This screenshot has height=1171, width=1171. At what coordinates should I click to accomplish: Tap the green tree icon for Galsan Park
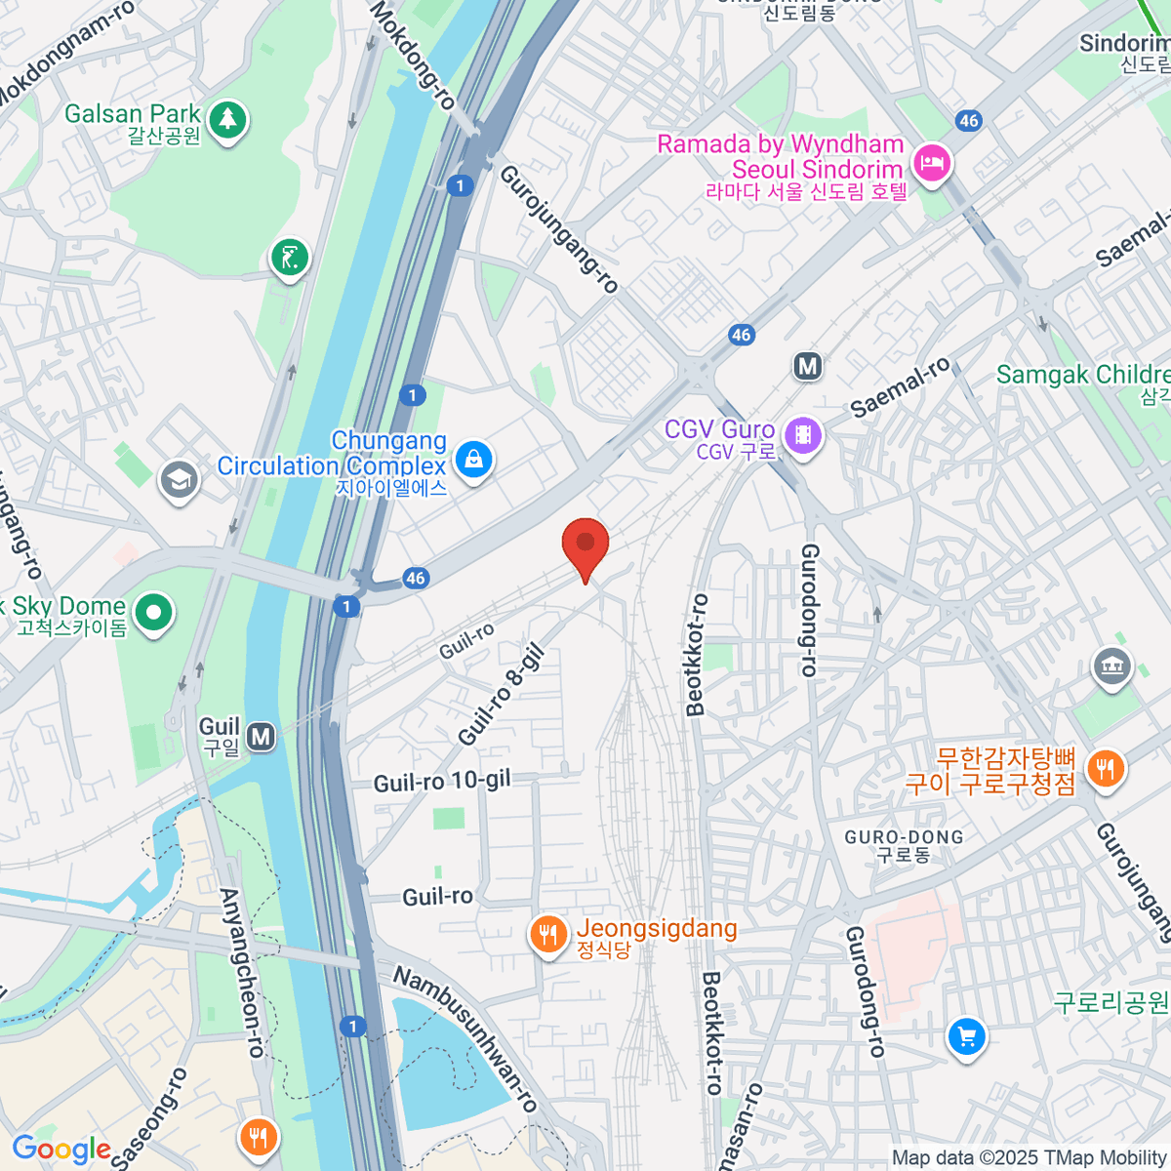[227, 120]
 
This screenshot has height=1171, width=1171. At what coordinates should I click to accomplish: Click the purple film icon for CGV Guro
[803, 434]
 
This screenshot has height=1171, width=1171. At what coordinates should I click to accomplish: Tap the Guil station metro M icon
[261, 737]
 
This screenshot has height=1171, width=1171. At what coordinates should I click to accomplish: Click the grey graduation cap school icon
[179, 480]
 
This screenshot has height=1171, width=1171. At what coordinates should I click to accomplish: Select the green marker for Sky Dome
[153, 613]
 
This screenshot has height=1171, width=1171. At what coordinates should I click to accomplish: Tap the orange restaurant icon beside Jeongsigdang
[548, 935]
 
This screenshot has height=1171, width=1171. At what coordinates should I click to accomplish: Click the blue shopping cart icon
[967, 1036]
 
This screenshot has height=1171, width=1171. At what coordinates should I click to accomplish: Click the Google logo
[61, 1150]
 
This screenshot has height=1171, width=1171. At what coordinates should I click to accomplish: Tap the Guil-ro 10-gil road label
[442, 783]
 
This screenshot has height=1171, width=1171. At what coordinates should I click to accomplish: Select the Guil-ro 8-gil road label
[500, 695]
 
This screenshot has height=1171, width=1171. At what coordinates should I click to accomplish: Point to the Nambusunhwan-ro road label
[465, 1037]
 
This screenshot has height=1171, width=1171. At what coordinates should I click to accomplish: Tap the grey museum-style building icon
[1111, 667]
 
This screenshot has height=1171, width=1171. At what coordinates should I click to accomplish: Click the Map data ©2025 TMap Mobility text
[1029, 1158]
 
